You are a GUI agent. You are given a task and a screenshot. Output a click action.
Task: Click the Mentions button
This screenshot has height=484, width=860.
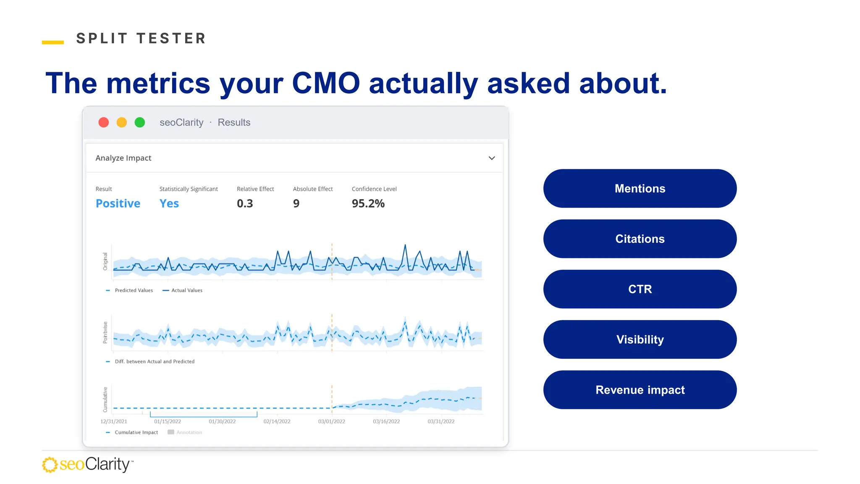pyautogui.click(x=640, y=189)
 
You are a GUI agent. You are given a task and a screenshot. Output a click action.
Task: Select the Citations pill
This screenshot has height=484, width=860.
pyautogui.click(x=640, y=239)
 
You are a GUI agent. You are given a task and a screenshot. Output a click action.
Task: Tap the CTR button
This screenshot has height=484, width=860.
pyautogui.click(x=640, y=289)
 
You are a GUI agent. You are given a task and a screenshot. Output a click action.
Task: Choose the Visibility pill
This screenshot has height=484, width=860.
pyautogui.click(x=640, y=339)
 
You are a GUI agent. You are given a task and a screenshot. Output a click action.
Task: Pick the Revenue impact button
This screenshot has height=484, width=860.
pyautogui.click(x=640, y=390)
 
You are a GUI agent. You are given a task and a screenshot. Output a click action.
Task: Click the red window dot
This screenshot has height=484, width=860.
pyautogui.click(x=104, y=122)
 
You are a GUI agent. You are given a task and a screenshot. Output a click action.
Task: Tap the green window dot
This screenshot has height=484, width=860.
pyautogui.click(x=140, y=122)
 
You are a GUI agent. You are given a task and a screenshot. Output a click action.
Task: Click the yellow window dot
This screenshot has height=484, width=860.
pyautogui.click(x=122, y=122)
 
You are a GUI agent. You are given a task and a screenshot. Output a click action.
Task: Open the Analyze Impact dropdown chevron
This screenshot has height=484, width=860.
pyautogui.click(x=492, y=158)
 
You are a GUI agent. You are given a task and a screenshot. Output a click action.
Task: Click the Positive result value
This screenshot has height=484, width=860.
pyautogui.click(x=118, y=203)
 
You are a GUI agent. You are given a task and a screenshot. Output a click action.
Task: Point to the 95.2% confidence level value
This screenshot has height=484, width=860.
pyautogui.click(x=368, y=203)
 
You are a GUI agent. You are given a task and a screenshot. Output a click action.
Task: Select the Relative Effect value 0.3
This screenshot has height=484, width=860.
pyautogui.click(x=245, y=203)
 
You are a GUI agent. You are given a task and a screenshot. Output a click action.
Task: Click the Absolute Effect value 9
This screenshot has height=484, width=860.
pyautogui.click(x=296, y=203)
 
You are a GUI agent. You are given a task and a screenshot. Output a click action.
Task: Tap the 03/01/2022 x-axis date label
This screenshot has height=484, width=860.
pyautogui.click(x=332, y=421)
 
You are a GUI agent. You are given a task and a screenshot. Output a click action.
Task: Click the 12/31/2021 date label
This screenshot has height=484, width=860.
pyautogui.click(x=113, y=421)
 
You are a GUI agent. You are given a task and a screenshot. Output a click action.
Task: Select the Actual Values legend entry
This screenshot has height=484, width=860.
pyautogui.click(x=182, y=290)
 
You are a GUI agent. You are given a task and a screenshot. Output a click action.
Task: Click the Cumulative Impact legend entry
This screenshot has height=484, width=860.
pyautogui.click(x=132, y=432)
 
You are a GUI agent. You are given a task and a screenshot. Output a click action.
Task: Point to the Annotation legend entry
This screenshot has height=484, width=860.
pyautogui.click(x=185, y=432)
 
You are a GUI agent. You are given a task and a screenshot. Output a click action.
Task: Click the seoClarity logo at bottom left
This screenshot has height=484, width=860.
pyautogui.click(x=88, y=464)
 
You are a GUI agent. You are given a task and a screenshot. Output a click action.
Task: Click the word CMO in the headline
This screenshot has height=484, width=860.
pyautogui.click(x=326, y=83)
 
